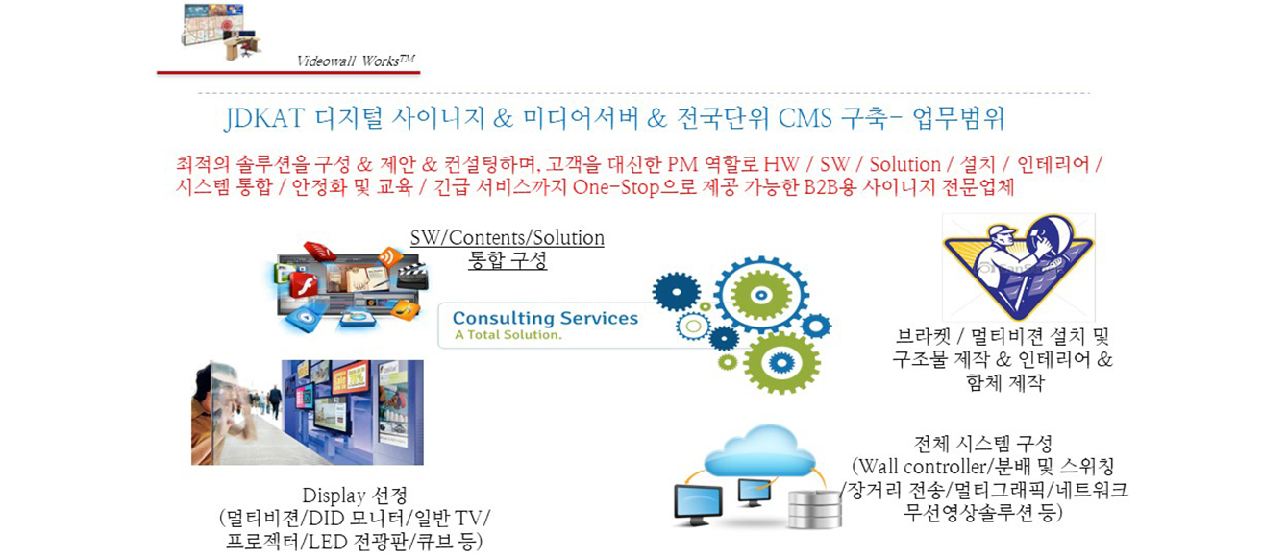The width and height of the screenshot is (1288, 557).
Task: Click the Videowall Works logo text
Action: [x=356, y=61]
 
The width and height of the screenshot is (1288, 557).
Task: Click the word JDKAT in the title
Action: [x=264, y=119]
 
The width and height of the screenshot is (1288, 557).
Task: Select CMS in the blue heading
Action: [x=805, y=118]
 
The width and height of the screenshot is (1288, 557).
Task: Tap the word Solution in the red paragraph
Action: [x=904, y=165]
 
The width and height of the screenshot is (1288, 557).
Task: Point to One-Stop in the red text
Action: [x=616, y=187]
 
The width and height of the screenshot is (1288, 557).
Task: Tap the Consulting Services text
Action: [x=545, y=318]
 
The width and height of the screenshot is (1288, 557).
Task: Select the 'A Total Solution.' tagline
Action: [x=508, y=335]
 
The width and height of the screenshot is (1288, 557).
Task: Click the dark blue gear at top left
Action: [x=677, y=292]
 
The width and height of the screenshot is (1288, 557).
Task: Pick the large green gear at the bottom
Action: [x=781, y=363]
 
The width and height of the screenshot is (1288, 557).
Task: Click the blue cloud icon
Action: [x=759, y=451]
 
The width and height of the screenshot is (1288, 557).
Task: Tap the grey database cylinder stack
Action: [x=814, y=509]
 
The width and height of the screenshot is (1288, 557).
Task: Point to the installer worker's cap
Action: [x=1003, y=232]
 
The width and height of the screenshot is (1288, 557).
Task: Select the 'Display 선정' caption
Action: [x=355, y=495]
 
